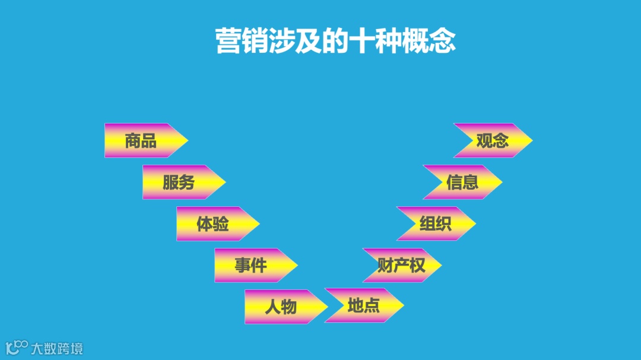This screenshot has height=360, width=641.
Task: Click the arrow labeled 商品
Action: click(142, 141)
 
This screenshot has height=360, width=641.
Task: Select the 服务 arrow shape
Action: click(180, 182)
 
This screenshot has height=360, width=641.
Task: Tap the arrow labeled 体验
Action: click(214, 224)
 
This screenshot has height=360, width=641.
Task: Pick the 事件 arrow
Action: click(252, 265)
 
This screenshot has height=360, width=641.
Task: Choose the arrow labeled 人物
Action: click(281, 307)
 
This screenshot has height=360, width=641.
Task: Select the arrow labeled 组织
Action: click(436, 224)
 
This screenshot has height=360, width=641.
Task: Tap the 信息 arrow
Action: click(462, 182)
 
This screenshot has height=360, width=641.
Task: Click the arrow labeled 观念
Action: click(493, 141)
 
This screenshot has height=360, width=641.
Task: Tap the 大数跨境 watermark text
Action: click(57, 348)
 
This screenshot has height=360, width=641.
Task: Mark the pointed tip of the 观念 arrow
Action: click(531, 141)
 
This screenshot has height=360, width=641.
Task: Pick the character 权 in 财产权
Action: click(418, 265)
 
